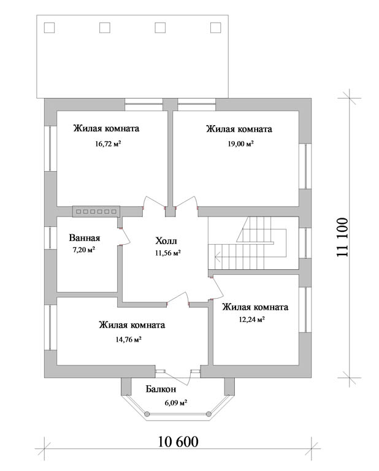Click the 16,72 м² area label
(108, 144)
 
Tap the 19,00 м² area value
(240, 144)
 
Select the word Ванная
(85, 238)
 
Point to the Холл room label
(166, 240)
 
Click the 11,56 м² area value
(168, 253)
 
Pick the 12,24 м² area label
(251, 320)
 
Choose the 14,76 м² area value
(129, 339)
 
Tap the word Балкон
(161, 389)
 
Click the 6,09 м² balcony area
(176, 402)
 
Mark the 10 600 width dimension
(178, 442)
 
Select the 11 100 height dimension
(342, 237)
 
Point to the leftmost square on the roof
(49, 28)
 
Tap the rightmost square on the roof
(216, 28)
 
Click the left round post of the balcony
(147, 414)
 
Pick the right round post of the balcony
(208, 414)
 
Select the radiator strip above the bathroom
(96, 212)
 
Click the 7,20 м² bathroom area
(84, 250)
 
